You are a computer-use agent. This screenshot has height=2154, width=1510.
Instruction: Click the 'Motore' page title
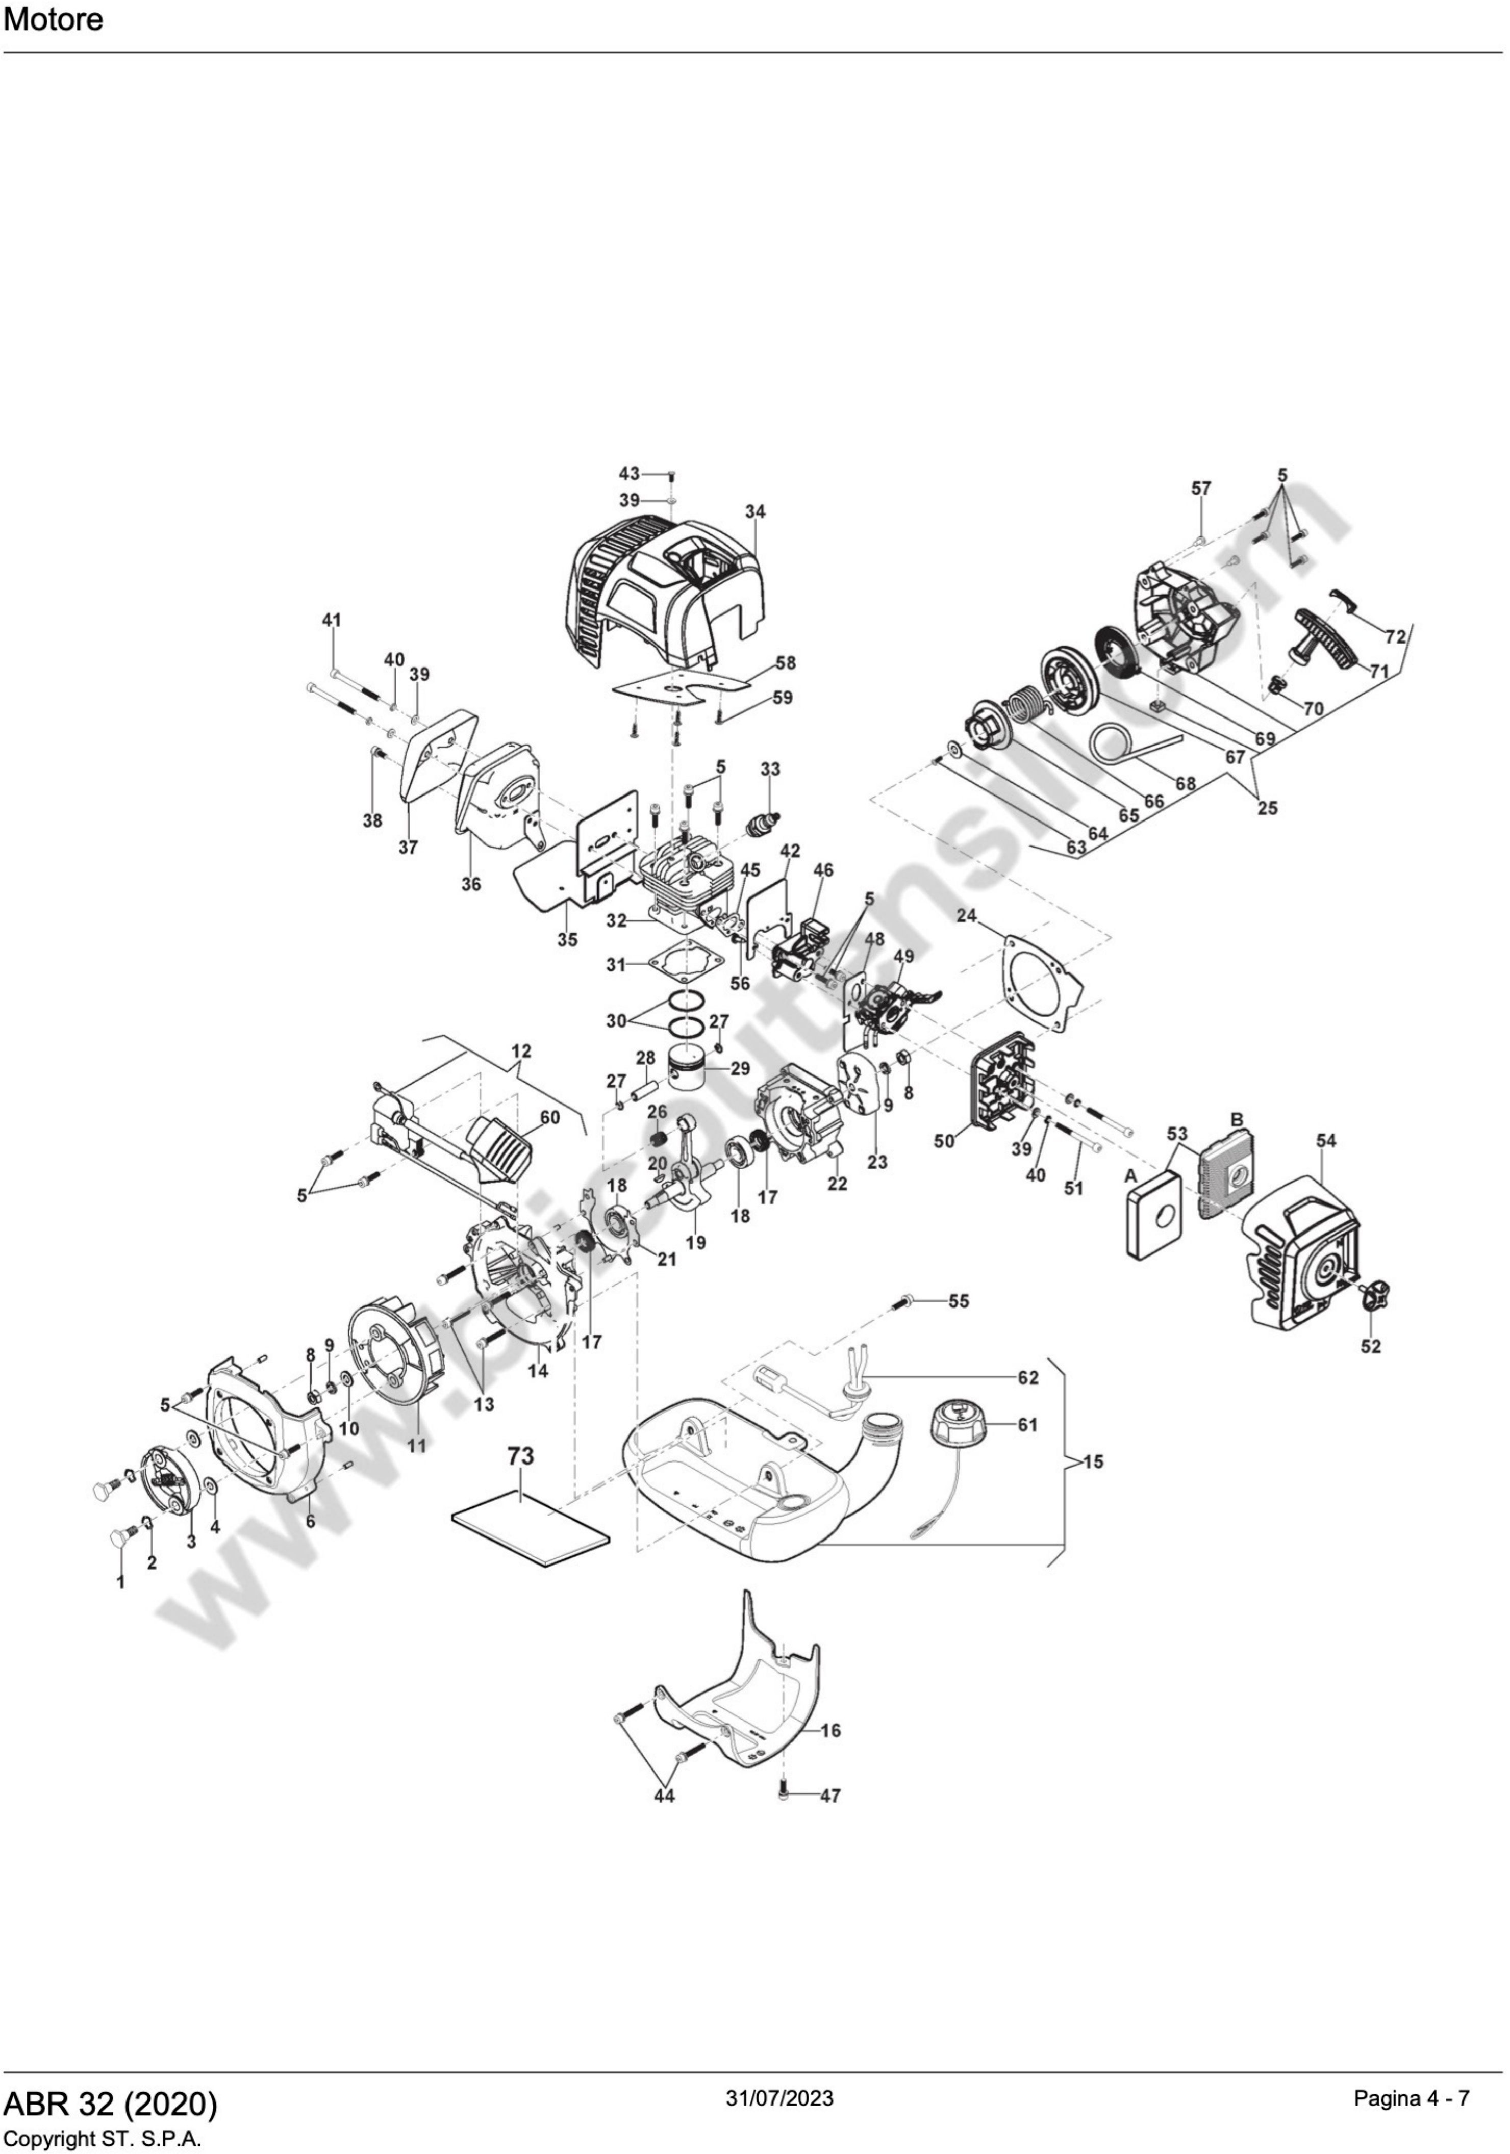54,20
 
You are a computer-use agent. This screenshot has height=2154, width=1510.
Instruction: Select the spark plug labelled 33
763,828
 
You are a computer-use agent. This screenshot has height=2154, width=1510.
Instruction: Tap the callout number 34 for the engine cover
754,512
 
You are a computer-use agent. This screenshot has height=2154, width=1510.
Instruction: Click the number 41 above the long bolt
331,620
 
